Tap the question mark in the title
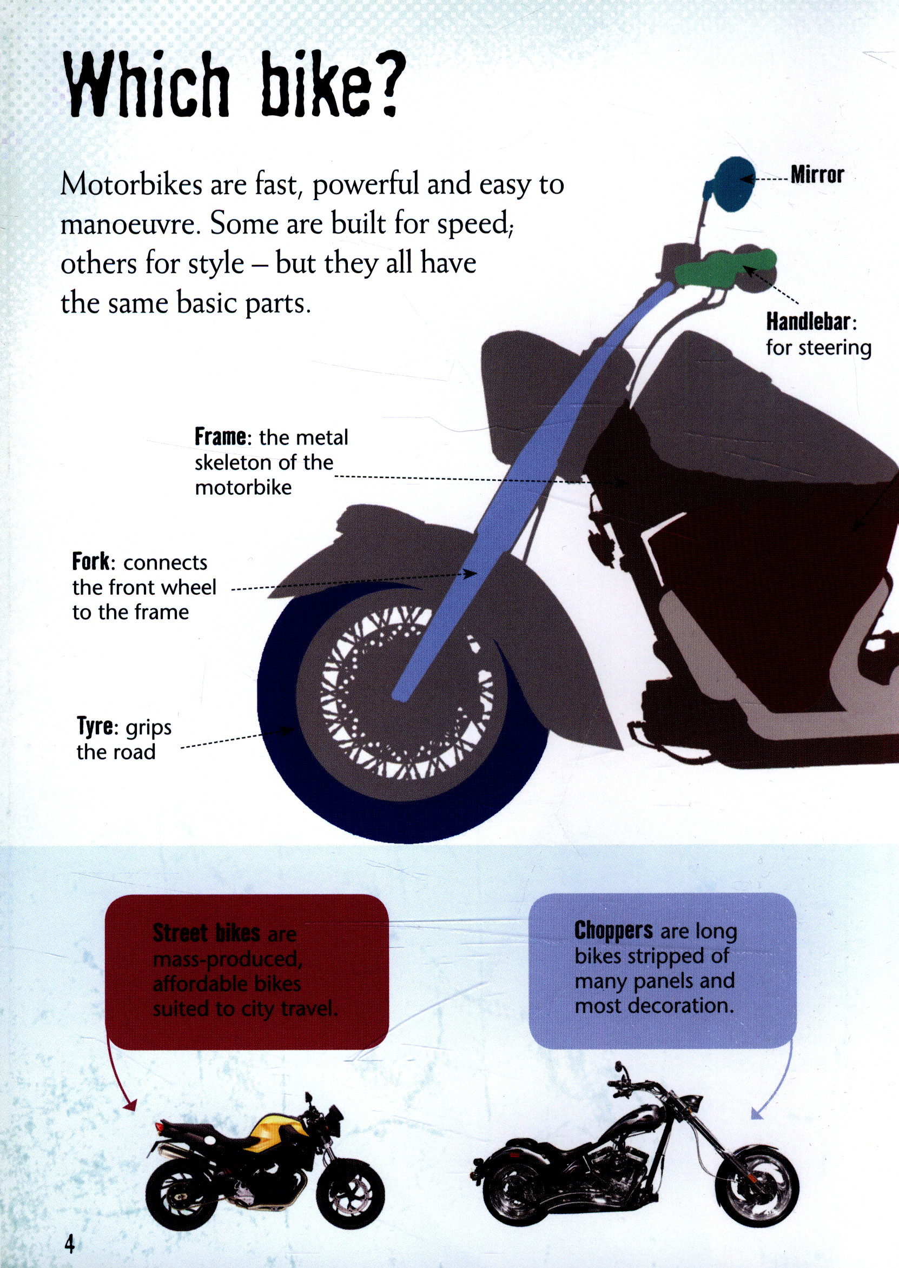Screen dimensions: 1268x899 pyautogui.click(x=384, y=83)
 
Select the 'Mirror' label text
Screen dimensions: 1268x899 pyautogui.click(x=817, y=175)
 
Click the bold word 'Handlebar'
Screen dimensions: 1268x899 pyautogui.click(x=808, y=321)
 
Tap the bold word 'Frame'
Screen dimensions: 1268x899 pyautogui.click(x=220, y=437)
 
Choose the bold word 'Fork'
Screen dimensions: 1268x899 pyautogui.click(x=91, y=562)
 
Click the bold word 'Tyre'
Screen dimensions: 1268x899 pyautogui.click(x=95, y=726)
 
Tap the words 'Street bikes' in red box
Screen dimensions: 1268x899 pyautogui.click(x=206, y=933)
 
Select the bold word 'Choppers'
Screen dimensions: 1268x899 pyautogui.click(x=613, y=931)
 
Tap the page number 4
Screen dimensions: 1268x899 pyautogui.click(x=69, y=1243)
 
